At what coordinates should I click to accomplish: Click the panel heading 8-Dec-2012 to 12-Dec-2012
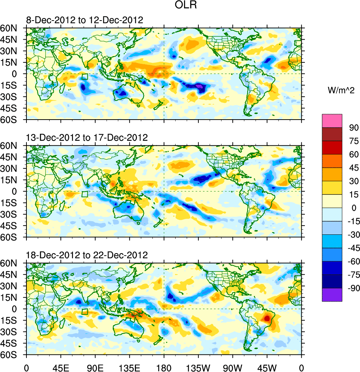(x=84, y=20)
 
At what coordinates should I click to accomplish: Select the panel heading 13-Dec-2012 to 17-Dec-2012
(x=87, y=138)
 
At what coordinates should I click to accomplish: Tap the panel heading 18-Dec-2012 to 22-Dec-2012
(x=87, y=255)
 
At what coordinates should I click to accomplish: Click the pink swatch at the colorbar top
(x=332, y=121)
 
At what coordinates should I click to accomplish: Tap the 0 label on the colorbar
(x=354, y=208)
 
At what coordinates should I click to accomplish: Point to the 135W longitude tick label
(x=198, y=367)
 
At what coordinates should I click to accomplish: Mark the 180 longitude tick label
(x=164, y=367)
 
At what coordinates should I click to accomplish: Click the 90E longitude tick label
(x=95, y=367)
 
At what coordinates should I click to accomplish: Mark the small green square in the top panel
(x=85, y=77)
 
